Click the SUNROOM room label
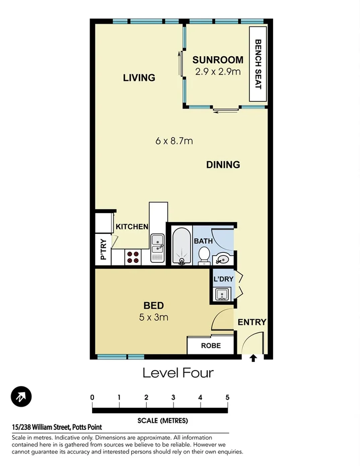pos(218,60)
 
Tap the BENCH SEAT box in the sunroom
pos(257,64)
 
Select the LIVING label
pos(139,77)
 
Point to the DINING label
pos(223,164)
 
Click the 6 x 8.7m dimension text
pos(174,141)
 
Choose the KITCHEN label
pos(132,227)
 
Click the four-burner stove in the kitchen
pos(133,257)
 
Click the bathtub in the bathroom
pos(181,245)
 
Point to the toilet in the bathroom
pos(205,253)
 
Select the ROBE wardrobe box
pos(211,346)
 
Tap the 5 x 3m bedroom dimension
pos(154,317)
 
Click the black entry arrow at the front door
pos(253,358)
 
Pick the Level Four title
pos(178,373)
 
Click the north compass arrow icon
pos(21,397)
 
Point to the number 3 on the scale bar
pos(173,397)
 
